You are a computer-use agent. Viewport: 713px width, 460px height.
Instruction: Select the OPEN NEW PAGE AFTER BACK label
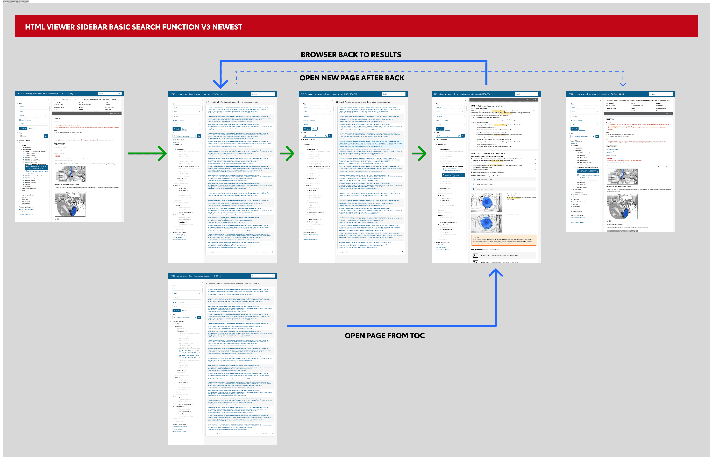[x=352, y=78]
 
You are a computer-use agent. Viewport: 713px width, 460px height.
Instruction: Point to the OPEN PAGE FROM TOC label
[x=384, y=336]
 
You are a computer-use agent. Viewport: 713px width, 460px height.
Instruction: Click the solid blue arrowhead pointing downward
[x=220, y=84]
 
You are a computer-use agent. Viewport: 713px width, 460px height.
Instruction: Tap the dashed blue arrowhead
[x=623, y=85]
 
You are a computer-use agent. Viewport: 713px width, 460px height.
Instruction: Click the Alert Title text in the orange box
[x=476, y=237]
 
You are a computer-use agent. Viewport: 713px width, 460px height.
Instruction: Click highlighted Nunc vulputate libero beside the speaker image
[x=513, y=197]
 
